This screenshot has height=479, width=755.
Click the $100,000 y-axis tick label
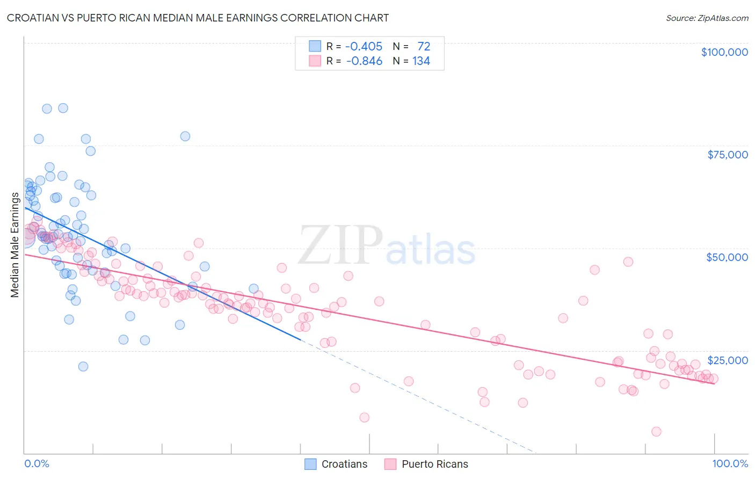724,52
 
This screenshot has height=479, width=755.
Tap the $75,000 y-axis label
727,155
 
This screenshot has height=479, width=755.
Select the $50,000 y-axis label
727,257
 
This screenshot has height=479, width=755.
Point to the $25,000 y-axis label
727,360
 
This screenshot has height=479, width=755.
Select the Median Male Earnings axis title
14,245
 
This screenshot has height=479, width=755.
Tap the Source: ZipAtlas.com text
707,18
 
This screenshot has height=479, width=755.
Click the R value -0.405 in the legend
364,46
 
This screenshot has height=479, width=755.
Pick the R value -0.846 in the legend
364,61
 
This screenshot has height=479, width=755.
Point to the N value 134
421,61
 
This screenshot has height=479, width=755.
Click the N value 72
424,46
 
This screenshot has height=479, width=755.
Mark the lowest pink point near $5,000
656,432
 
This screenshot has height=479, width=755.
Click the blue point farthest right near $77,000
185,136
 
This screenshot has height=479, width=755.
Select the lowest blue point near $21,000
83,367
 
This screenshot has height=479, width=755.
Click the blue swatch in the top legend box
315,46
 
